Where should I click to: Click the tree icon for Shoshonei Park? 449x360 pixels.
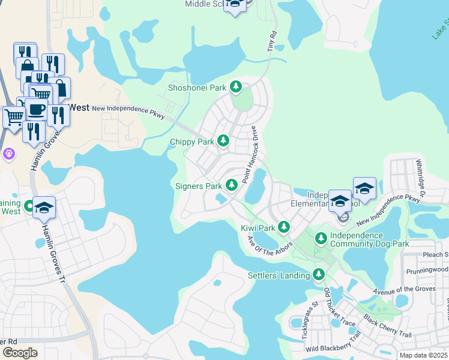click(236, 88)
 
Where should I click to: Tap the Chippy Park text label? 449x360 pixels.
click(192, 142)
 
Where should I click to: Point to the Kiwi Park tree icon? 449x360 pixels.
click(284, 228)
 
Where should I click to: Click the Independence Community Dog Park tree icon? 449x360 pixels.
click(321, 239)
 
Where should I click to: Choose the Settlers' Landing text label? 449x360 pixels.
click(279, 275)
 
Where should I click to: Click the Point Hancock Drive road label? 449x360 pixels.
click(250, 155)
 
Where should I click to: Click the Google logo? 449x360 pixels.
click(20, 352)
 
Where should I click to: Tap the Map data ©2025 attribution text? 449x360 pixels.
click(423, 355)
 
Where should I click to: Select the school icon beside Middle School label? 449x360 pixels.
click(235, 5)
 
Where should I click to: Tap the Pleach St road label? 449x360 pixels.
click(437, 255)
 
